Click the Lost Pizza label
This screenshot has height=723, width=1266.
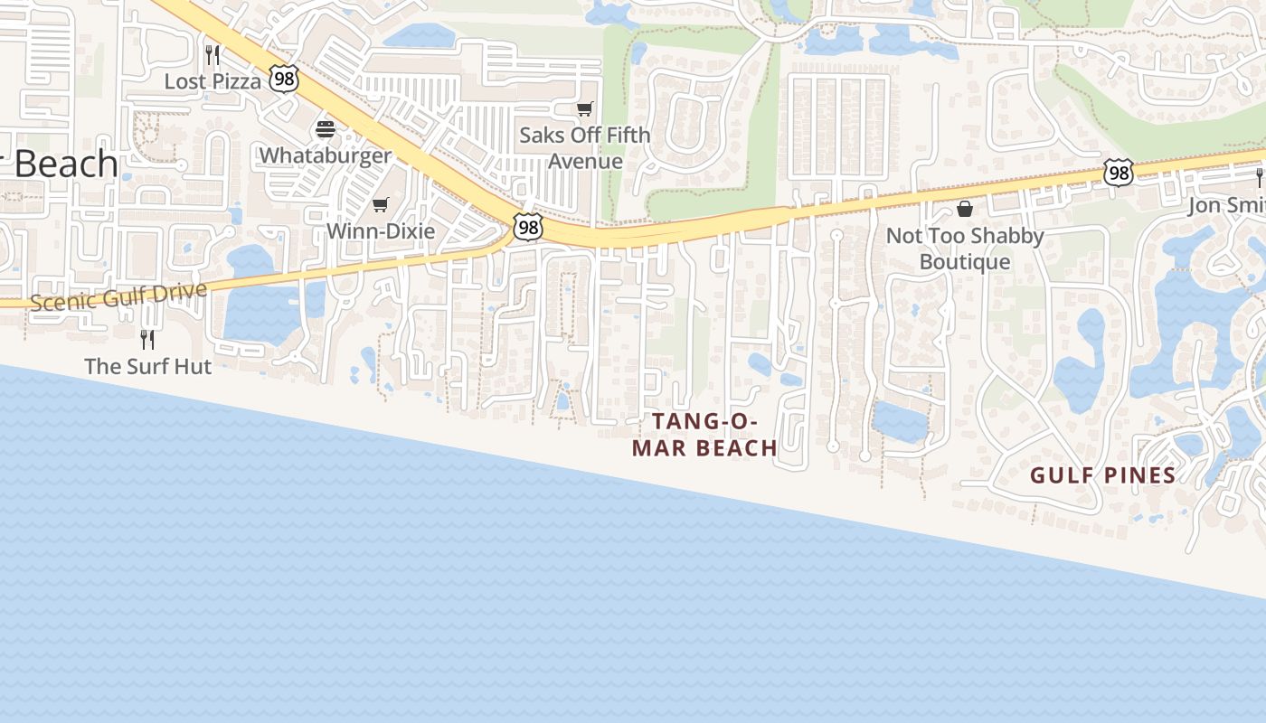pos(213,81)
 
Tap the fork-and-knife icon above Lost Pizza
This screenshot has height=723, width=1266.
pos(212,55)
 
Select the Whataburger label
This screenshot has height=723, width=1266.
pos(326,155)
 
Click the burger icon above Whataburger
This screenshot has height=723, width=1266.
pos(326,129)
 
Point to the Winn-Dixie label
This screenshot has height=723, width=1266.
pos(381,230)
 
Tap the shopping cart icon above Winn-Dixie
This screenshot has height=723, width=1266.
pos(381,205)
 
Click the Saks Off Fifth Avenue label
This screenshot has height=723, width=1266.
pos(585,148)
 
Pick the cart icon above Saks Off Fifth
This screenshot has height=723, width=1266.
pos(585,109)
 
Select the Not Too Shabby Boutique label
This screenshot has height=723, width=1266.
pos(965,249)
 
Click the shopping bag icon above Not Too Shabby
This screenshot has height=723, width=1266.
pos(965,210)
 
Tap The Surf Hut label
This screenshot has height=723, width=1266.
pos(147,366)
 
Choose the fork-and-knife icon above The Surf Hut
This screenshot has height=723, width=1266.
pos(146,340)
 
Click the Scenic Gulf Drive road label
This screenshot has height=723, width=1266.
pos(118,296)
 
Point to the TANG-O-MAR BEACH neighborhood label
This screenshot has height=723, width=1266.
pos(704,435)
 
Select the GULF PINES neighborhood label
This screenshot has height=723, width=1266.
pos(1103,475)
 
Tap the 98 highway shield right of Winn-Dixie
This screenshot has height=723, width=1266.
pos(527,227)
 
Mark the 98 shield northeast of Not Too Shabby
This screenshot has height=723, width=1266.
pos(1119,173)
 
